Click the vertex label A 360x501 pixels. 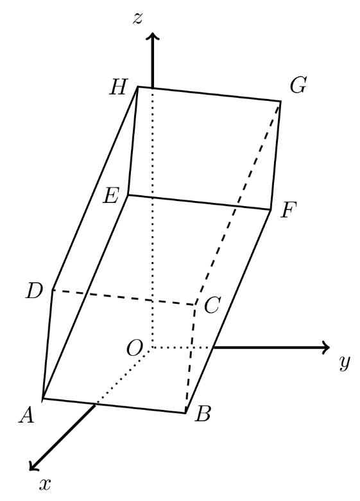(26, 416)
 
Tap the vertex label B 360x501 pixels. (203, 414)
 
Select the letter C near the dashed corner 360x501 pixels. (212, 305)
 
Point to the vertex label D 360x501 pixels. (34, 292)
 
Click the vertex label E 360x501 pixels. (111, 195)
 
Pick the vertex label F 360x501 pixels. (289, 210)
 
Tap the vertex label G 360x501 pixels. (298, 85)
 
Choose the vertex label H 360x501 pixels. (119, 87)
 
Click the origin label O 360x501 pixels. (134, 348)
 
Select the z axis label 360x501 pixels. (137, 19)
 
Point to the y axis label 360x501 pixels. (345, 362)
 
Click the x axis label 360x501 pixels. (45, 484)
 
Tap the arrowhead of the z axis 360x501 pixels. (153, 36)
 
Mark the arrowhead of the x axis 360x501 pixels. (33, 466)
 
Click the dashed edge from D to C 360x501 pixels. (123, 298)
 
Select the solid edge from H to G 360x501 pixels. (209, 94)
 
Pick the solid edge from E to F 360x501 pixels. (200, 202)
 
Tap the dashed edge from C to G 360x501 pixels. (238, 203)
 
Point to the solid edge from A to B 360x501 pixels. (114, 406)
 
